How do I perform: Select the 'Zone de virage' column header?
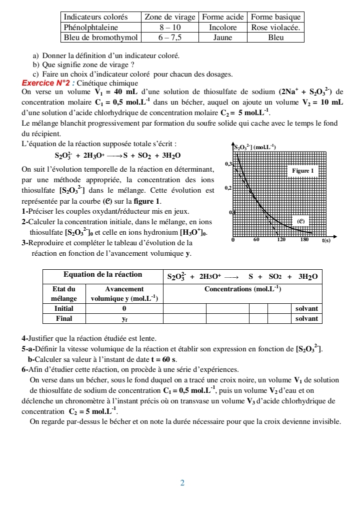[x=169, y=18]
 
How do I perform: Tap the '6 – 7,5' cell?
[x=169, y=38]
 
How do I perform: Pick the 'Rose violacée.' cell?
[x=275, y=28]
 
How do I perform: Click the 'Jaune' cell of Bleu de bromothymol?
[x=222, y=38]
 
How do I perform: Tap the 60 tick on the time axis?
[x=256, y=240]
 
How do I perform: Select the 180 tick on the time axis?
[x=304, y=240]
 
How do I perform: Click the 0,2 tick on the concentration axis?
[x=228, y=188]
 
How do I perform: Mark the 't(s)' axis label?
[x=325, y=240]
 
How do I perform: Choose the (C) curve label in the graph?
[x=301, y=220]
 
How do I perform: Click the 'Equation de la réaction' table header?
[x=102, y=275]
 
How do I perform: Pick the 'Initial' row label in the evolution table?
[x=64, y=309]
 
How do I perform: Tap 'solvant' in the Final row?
[x=306, y=318]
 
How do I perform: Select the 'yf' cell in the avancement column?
[x=124, y=318]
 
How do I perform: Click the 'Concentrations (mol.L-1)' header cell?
[x=242, y=289]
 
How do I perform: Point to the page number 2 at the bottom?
[x=182, y=483]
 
